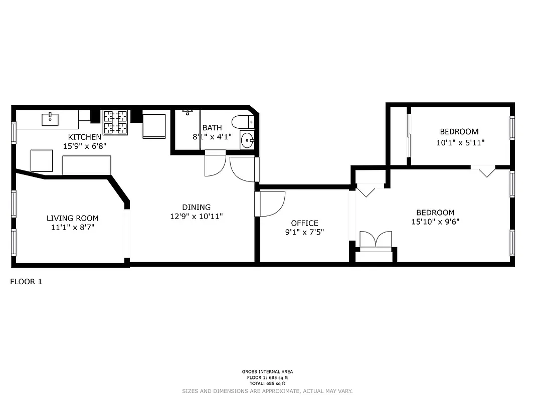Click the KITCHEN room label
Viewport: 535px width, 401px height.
tap(85, 137)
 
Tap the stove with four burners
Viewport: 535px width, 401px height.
tap(116, 123)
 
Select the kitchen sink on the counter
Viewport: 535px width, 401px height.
tap(51, 119)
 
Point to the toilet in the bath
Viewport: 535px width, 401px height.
tap(243, 122)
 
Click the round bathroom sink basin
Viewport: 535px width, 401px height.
tap(247, 140)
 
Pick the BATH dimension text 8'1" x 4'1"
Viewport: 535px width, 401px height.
tap(212, 137)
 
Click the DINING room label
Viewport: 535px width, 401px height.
tap(196, 207)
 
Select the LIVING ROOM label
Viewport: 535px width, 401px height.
tap(73, 218)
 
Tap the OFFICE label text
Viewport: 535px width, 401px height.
tap(304, 223)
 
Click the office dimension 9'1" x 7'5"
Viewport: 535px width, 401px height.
tap(304, 232)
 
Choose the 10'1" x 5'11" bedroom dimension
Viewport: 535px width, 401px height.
tap(460, 142)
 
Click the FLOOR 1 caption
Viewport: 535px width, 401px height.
tap(26, 282)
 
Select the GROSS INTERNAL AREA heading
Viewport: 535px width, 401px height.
tap(267, 372)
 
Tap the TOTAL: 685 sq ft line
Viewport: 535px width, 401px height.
tap(267, 383)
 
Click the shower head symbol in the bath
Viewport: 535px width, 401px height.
tap(188, 112)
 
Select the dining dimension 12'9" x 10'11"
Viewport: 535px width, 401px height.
tap(196, 217)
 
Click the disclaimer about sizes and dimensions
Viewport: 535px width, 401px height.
tap(267, 391)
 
